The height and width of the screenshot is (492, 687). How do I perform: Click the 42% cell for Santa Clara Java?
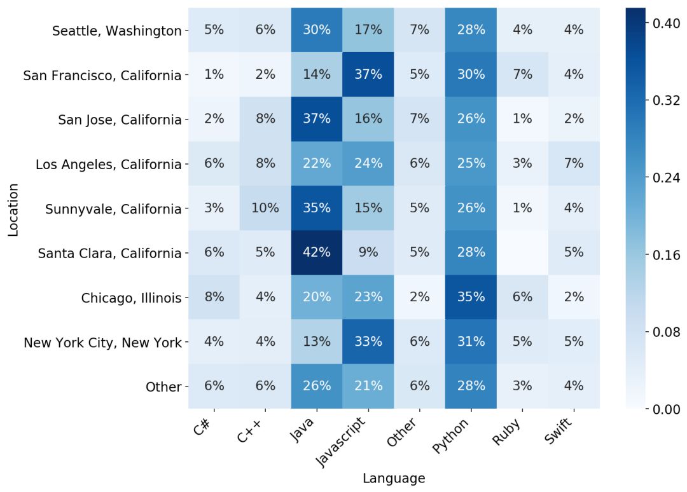pyautogui.click(x=317, y=252)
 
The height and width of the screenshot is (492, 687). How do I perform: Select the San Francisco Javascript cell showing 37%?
pyautogui.click(x=368, y=74)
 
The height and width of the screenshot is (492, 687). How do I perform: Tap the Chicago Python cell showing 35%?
pyautogui.click(x=471, y=297)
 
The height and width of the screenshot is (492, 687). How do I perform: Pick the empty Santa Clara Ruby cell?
pyautogui.click(x=522, y=252)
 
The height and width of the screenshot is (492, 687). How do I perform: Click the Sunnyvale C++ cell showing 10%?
pyautogui.click(x=265, y=208)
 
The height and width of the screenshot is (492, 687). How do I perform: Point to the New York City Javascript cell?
pyautogui.click(x=368, y=341)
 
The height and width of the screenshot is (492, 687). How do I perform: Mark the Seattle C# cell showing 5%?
pyautogui.click(x=214, y=30)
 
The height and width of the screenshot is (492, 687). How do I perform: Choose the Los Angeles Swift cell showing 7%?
pyautogui.click(x=573, y=163)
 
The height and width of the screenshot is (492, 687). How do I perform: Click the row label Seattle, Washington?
pyautogui.click(x=116, y=31)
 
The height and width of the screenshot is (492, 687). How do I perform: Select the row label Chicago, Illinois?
pyautogui.click(x=131, y=297)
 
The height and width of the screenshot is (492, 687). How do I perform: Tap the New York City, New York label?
pyautogui.click(x=102, y=343)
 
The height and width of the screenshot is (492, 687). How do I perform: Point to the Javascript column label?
pyautogui.click(x=343, y=442)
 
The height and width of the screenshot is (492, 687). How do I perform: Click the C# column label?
pyautogui.click(x=204, y=427)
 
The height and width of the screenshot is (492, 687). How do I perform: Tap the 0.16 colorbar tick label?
pyautogui.click(x=667, y=254)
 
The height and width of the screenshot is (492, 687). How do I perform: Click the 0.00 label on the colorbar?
pyautogui.click(x=667, y=409)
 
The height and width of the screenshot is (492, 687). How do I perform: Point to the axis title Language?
pyautogui.click(x=394, y=478)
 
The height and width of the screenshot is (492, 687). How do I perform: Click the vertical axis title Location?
pyautogui.click(x=13, y=210)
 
